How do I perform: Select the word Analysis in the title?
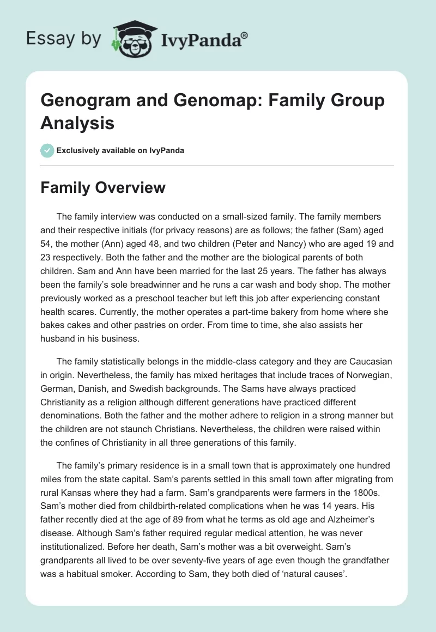point(77,123)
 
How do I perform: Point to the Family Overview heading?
point(103,188)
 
